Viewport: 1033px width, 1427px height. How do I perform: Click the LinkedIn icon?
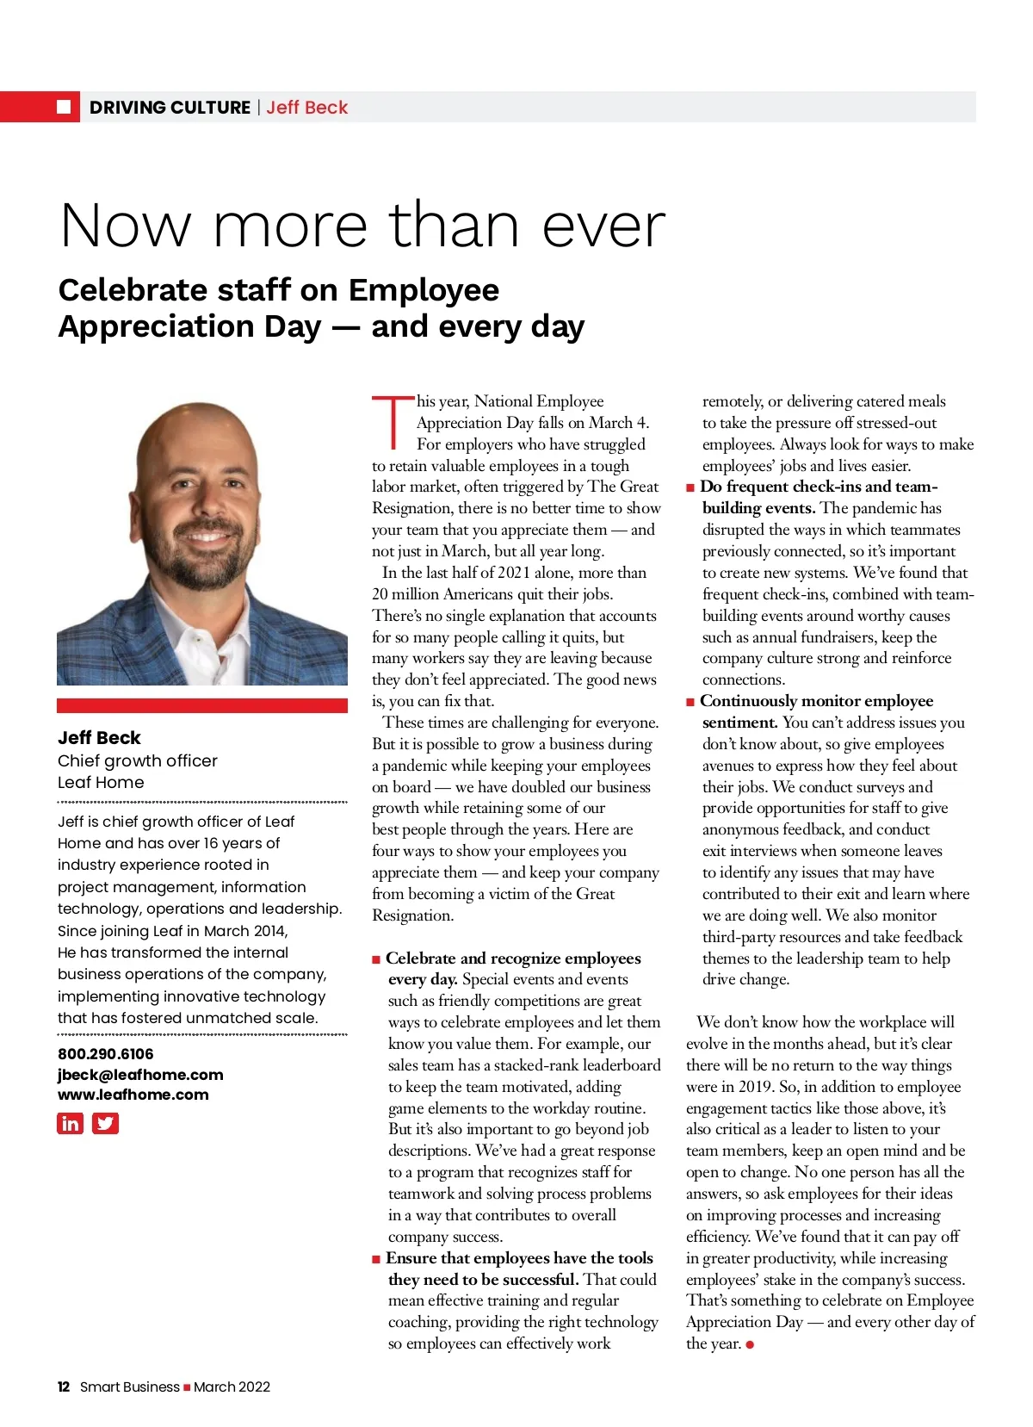(70, 1123)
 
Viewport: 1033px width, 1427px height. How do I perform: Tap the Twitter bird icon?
(105, 1123)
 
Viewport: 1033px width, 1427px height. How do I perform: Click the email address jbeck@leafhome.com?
(140, 1075)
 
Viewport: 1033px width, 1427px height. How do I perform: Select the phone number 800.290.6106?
(105, 1053)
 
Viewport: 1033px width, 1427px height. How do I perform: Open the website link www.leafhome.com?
(133, 1095)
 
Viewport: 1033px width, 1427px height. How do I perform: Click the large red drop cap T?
(393, 422)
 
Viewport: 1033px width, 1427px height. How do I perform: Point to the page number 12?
(63, 1387)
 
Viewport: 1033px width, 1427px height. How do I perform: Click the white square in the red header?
(64, 107)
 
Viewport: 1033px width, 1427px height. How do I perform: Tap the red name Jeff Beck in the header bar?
(307, 108)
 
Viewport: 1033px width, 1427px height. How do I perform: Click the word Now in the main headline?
(126, 226)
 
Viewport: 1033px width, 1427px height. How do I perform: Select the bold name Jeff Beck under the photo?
(99, 737)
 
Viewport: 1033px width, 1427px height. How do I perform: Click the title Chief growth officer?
(138, 760)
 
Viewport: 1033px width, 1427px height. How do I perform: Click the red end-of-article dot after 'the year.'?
(750, 1344)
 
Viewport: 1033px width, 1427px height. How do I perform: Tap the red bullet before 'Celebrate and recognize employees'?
(376, 959)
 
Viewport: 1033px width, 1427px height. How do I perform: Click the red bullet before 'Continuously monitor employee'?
(690, 702)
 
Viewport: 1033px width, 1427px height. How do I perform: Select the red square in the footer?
(187, 1387)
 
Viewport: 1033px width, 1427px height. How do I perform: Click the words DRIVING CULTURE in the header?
(170, 108)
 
